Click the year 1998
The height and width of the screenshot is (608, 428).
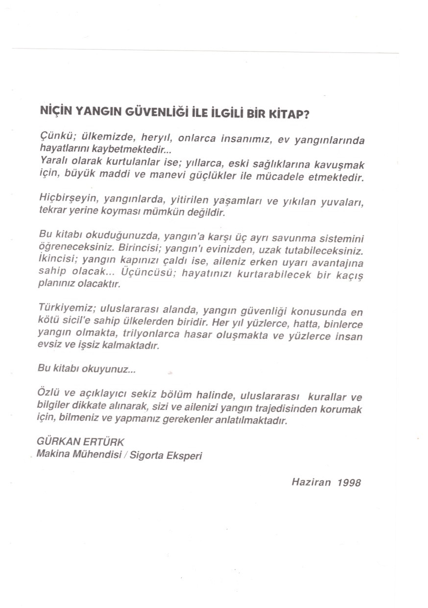coord(349,482)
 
